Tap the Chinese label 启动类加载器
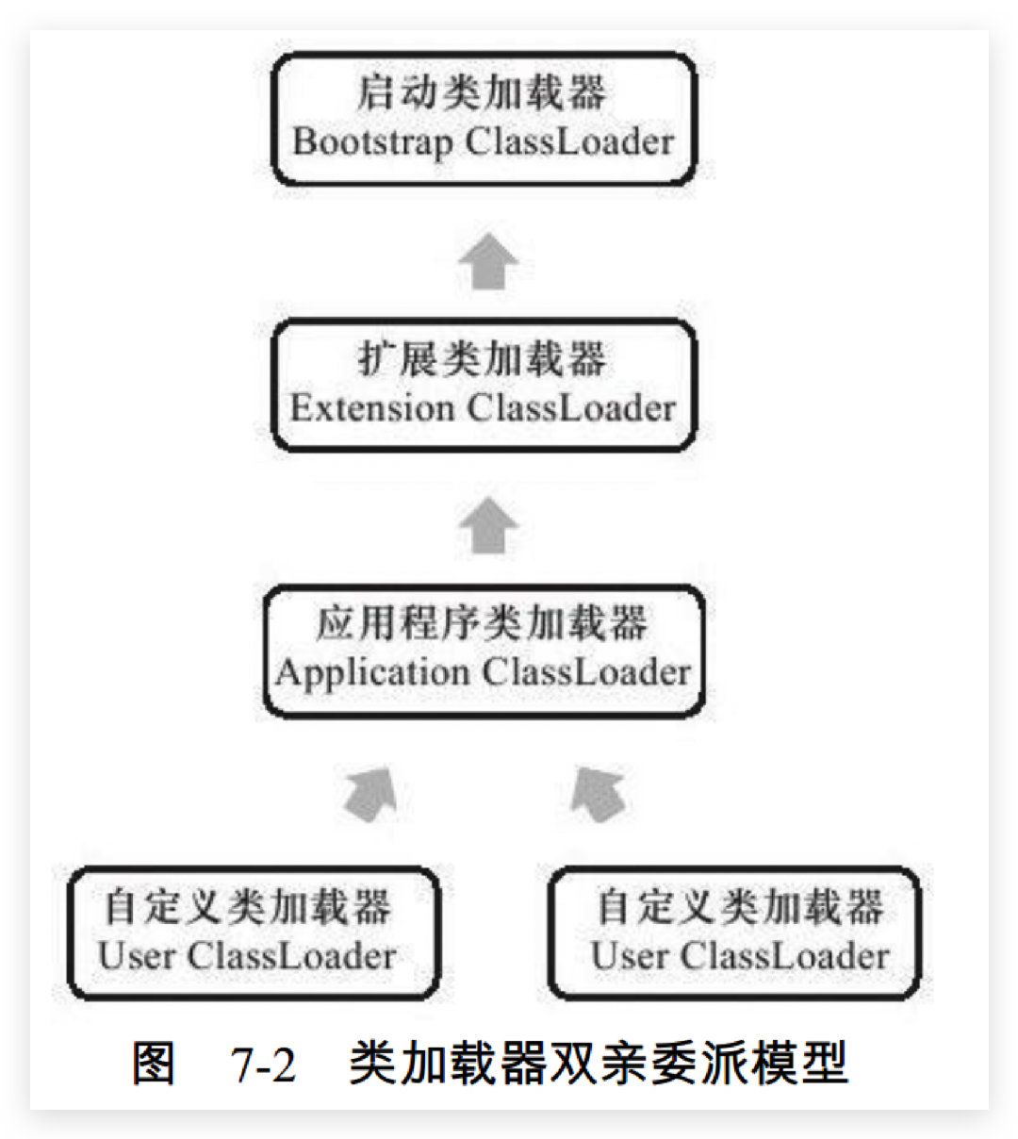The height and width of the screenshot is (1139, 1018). pos(483,92)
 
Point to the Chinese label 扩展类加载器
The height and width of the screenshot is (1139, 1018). pos(483,359)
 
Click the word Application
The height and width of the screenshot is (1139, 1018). pos(372,673)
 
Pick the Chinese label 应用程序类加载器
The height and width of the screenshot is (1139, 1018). pos(483,623)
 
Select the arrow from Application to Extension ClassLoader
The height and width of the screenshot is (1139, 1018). pos(489,527)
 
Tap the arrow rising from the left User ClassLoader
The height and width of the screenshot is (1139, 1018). pos(369,794)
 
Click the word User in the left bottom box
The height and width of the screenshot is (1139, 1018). pos(136,956)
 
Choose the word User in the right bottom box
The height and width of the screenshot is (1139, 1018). pos(629,956)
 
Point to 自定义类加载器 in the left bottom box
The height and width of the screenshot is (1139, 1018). pos(248,907)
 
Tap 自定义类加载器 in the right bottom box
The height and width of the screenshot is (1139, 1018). pos(741,907)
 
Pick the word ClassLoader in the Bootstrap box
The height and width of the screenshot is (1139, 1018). pos(569,142)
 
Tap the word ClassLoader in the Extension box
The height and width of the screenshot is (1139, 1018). pos(571,408)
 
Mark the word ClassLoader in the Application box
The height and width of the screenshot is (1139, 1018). pos(586,673)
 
